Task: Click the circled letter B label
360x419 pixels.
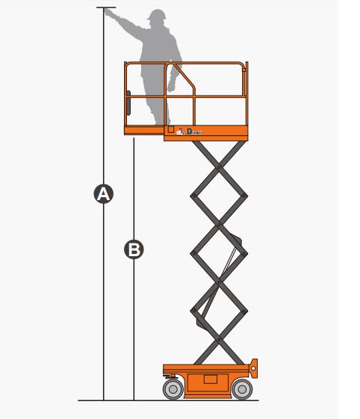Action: coord(134,249)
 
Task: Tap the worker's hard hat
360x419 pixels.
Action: coord(157,16)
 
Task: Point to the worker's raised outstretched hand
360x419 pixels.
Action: coord(118,13)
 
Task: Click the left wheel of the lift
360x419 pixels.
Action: coord(173,388)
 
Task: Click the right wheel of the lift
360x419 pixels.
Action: coord(240,388)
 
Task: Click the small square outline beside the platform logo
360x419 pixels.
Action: coord(171,129)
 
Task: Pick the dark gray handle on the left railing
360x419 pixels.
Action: coord(128,100)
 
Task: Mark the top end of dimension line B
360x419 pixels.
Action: coord(134,138)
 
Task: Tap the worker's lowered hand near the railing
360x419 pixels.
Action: coord(172,84)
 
